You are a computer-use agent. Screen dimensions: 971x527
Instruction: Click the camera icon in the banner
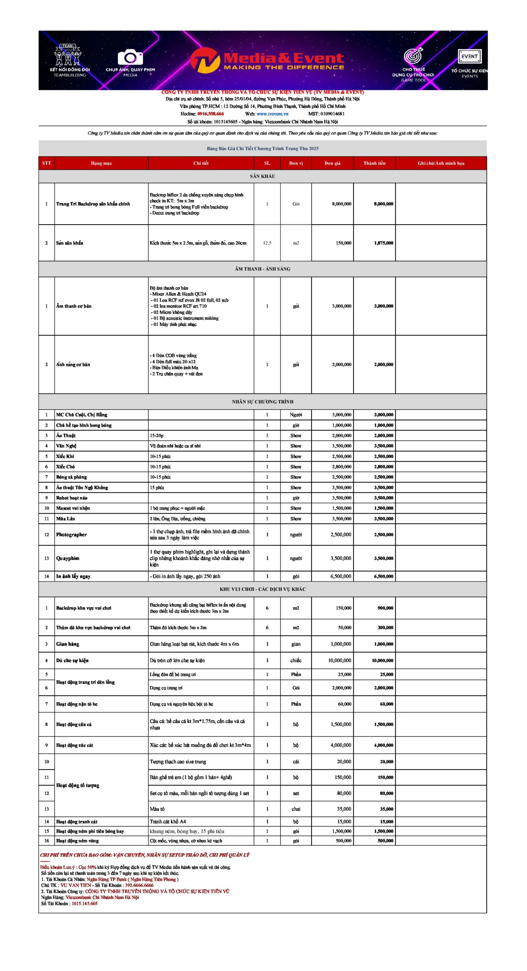[130, 58]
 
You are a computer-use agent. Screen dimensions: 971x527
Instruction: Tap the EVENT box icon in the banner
[469, 57]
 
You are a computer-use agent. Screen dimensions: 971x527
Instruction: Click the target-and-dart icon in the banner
[413, 56]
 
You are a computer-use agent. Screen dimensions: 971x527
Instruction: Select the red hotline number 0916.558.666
[211, 114]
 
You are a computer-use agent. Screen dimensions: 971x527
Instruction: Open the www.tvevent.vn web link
[272, 114]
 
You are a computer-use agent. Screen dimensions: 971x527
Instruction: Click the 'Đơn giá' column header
[332, 163]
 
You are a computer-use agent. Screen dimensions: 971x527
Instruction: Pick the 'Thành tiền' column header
[374, 163]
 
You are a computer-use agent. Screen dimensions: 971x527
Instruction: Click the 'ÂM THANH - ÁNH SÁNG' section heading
[262, 269]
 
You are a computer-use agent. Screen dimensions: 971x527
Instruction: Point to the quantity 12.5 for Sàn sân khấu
[267, 243]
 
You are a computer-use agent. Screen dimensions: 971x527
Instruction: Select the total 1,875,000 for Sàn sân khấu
[384, 243]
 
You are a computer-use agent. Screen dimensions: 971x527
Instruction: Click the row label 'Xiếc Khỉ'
[65, 456]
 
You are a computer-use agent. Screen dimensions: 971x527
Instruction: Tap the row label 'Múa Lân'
[66, 518]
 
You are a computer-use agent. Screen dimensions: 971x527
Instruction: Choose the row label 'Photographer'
[71, 534]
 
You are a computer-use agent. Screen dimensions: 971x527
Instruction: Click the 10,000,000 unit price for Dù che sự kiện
[340, 660]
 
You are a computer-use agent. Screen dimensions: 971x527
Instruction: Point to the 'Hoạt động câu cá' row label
[74, 724]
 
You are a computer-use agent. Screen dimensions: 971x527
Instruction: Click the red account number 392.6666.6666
[139, 885]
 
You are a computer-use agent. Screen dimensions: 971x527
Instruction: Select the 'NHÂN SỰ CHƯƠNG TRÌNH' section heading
[263, 402]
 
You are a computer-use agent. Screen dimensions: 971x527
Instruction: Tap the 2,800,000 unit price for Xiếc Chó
[341, 467]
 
